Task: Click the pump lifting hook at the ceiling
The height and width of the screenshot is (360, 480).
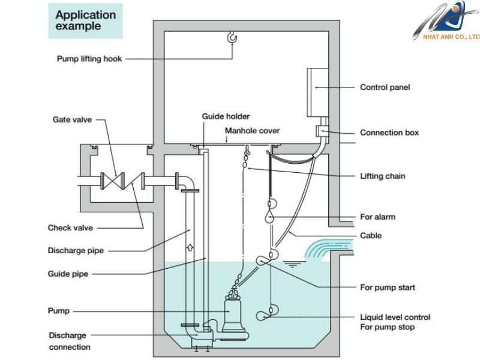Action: click(232, 37)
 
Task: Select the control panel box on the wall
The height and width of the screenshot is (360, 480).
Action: click(318, 92)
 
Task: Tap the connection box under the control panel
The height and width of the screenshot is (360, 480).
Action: click(322, 131)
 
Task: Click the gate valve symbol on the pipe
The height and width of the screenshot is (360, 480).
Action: click(113, 181)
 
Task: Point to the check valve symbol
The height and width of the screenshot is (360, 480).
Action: click(133, 181)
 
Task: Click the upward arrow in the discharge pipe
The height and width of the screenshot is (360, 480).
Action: click(190, 247)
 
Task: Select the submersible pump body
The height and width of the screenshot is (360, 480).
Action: click(233, 316)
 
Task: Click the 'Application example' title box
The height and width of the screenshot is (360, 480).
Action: click(85, 21)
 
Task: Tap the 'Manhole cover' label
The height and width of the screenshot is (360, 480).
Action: click(252, 131)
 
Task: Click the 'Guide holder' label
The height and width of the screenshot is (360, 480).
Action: click(226, 116)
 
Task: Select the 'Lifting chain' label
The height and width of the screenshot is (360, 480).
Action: click(382, 176)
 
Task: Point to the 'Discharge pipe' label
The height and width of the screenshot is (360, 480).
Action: click(76, 251)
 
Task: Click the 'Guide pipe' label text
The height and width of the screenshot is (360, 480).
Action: click(68, 274)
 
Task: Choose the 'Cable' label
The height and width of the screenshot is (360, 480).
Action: click(371, 235)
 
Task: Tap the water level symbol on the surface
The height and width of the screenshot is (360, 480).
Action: click(294, 264)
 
